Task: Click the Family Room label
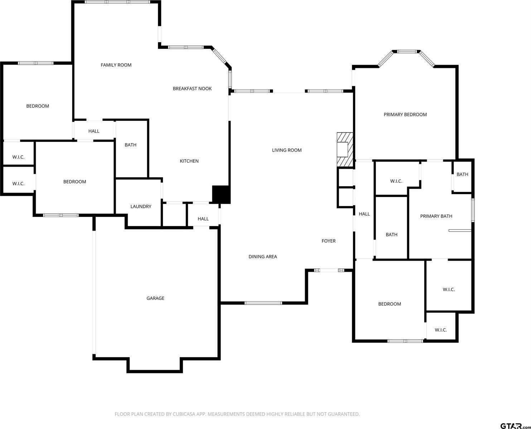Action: pyautogui.click(x=116, y=65)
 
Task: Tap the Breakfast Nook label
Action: pyautogui.click(x=192, y=89)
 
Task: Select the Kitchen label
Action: pyautogui.click(x=189, y=161)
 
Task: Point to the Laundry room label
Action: pyautogui.click(x=141, y=206)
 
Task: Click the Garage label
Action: pyautogui.click(x=155, y=298)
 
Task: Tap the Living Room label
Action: pyautogui.click(x=287, y=150)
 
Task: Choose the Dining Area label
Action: pyautogui.click(x=263, y=257)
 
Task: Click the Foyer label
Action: pyautogui.click(x=329, y=241)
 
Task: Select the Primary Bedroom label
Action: pyautogui.click(x=405, y=114)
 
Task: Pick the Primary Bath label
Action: pyautogui.click(x=436, y=216)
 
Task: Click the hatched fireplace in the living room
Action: pyautogui.click(x=345, y=149)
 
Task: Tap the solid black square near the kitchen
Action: pyautogui.click(x=221, y=194)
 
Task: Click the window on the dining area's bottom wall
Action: pyautogui.click(x=263, y=303)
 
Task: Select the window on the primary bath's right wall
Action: pyautogui.click(x=473, y=210)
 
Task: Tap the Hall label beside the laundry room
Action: pyautogui.click(x=203, y=219)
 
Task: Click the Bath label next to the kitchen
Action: pyautogui.click(x=130, y=145)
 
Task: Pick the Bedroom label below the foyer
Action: pyautogui.click(x=390, y=304)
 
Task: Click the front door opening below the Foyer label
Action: pyautogui.click(x=329, y=270)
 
